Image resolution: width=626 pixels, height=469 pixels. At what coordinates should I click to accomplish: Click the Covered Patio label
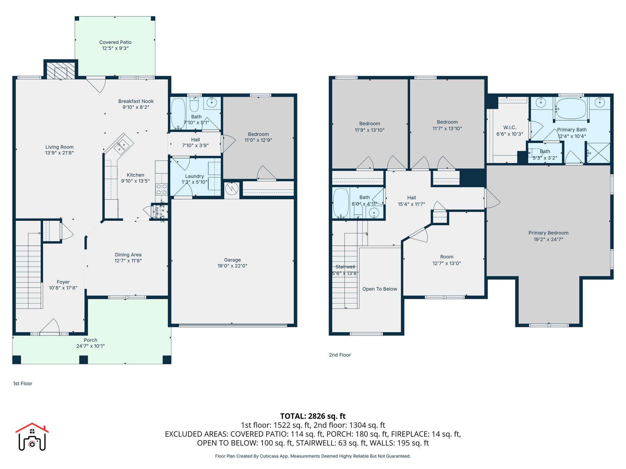[115, 42]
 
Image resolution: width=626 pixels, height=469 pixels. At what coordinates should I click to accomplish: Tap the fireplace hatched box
[61, 71]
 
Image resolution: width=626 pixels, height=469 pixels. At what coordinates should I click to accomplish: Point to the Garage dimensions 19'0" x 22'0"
[232, 266]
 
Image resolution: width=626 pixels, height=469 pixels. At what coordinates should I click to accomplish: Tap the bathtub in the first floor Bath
[178, 113]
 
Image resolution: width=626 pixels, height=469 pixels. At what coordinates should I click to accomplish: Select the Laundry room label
[194, 176]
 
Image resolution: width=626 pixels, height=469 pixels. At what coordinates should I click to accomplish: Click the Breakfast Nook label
[136, 101]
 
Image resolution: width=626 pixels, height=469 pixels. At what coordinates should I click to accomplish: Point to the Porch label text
[90, 340]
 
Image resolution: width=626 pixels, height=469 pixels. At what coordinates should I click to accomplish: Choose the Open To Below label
[380, 289]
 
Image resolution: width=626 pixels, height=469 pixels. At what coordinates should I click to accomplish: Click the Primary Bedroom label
[548, 233]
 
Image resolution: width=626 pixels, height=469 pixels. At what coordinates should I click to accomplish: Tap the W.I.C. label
[510, 128]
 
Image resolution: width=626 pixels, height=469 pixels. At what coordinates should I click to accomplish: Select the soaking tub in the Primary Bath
[571, 109]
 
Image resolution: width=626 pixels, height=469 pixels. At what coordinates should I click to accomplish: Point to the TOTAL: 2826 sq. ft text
[313, 416]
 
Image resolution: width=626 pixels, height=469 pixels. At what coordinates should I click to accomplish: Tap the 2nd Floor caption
[340, 355]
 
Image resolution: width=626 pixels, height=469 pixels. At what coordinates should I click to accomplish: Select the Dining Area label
[128, 255]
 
